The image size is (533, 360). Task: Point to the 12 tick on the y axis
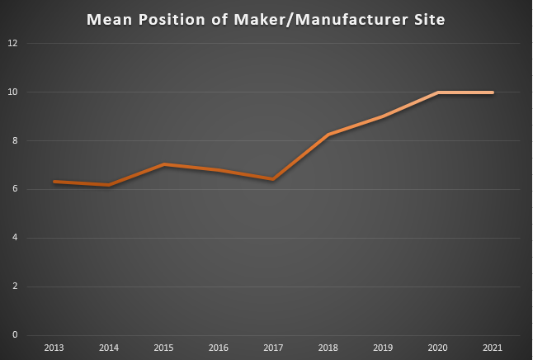[12, 43]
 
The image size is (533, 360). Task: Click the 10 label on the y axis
[12, 92]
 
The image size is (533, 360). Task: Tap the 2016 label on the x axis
[218, 348]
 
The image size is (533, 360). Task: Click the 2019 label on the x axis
[383, 348]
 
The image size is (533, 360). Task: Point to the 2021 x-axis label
[493, 348]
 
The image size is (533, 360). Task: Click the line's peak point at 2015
[163, 164]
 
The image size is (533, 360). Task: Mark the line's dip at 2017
[273, 179]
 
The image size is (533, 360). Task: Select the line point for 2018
[328, 135]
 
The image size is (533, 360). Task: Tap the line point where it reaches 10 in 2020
[438, 92]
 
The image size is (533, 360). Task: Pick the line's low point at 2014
[108, 185]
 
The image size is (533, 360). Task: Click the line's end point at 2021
[493, 92]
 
